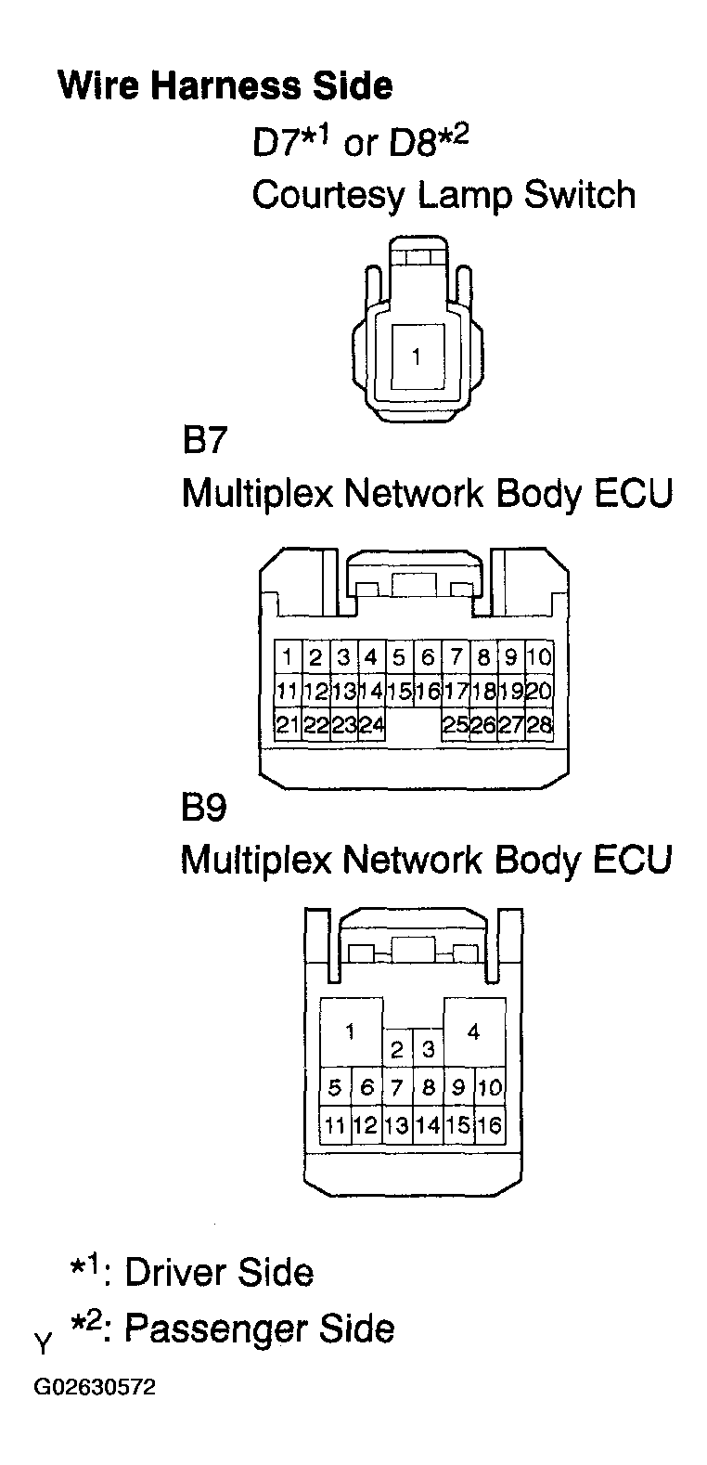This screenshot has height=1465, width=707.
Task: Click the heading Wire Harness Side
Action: click(x=225, y=85)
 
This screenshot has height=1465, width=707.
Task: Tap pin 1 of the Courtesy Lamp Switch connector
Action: click(x=418, y=357)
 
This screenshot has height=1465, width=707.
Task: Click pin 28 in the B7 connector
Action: click(x=540, y=725)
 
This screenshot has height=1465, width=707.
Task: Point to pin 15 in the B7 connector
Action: click(x=399, y=691)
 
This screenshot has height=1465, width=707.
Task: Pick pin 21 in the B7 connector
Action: click(x=287, y=725)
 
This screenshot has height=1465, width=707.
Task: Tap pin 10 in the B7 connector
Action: click(x=540, y=656)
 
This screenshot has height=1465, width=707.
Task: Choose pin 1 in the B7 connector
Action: click(x=287, y=656)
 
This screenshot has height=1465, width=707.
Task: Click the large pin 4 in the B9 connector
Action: click(x=474, y=1032)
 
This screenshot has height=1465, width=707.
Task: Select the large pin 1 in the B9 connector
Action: click(x=351, y=1032)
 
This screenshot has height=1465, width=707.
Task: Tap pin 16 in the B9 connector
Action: click(x=489, y=1125)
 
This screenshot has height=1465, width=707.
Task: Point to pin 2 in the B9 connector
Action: click(x=397, y=1049)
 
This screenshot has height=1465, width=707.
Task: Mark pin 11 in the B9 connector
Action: click(x=335, y=1125)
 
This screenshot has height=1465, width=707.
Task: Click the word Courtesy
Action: click(x=328, y=196)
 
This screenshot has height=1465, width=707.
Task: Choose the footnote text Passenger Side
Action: click(x=260, y=1329)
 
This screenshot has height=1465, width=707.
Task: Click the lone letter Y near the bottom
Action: click(x=43, y=1344)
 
